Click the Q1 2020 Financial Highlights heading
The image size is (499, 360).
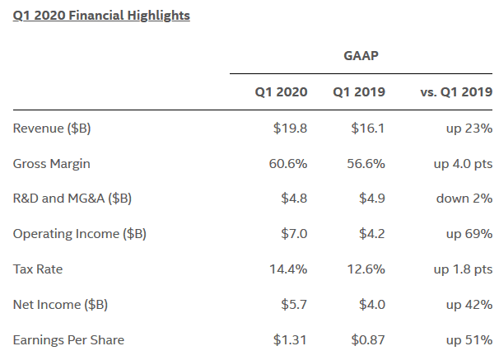coord(101,16)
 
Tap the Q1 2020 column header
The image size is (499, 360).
coord(281,91)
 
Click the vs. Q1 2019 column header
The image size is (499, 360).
coord(456,91)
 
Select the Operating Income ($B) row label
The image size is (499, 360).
coord(80,234)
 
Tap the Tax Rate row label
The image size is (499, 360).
coord(39,269)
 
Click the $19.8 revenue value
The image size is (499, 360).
coord(291,128)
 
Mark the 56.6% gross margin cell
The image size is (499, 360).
coord(366,163)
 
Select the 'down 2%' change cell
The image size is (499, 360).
coord(463,199)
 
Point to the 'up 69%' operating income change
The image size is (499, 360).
coord(469,234)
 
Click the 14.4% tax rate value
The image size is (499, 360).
coord(288,269)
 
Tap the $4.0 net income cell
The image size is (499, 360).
coord(372,305)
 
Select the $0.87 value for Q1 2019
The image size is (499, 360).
coord(367,339)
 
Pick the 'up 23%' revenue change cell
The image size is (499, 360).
coord(469,128)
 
